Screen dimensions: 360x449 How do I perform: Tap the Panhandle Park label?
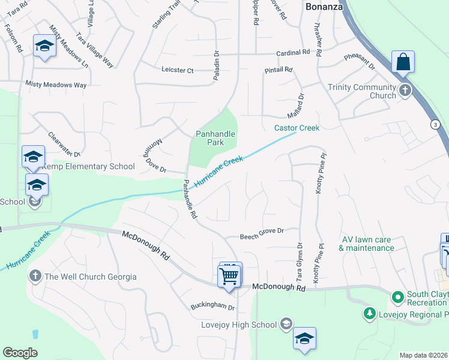(215, 138)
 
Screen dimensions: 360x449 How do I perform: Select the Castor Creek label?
(297, 128)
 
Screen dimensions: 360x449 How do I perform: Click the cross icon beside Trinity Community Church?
(405, 91)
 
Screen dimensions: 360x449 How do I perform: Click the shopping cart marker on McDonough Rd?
(229, 276)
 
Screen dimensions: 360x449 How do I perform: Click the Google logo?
(20, 353)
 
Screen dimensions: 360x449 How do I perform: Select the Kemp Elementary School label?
(87, 166)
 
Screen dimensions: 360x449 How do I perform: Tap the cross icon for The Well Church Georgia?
(35, 276)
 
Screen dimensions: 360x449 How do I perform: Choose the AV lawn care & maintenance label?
(366, 244)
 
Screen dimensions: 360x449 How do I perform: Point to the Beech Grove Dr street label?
(262, 230)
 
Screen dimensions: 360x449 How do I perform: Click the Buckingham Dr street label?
(212, 306)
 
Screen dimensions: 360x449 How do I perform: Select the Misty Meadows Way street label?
(56, 85)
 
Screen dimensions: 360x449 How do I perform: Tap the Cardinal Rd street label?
(292, 53)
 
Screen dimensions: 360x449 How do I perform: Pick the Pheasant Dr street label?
(359, 61)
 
